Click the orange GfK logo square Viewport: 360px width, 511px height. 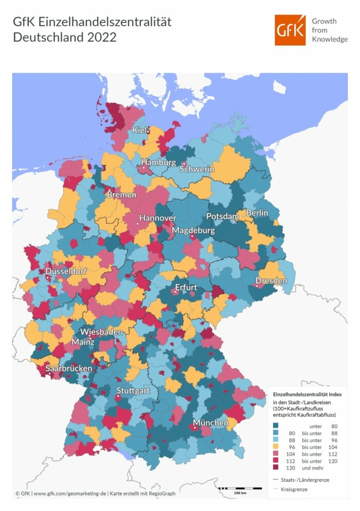point(291,30)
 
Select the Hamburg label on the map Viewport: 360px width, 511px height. point(158,162)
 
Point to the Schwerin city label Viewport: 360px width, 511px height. point(197,169)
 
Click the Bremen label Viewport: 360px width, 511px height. point(121,195)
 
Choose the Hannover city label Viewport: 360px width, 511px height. point(157,218)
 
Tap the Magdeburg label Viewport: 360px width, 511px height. point(193,230)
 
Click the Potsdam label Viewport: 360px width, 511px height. point(222,217)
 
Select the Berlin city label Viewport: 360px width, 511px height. point(257,213)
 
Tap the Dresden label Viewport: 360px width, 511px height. point(271,281)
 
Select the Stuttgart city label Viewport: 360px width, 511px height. point(133,390)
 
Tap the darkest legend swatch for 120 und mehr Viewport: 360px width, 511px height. point(276,467)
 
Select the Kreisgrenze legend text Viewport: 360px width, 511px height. point(293,489)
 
